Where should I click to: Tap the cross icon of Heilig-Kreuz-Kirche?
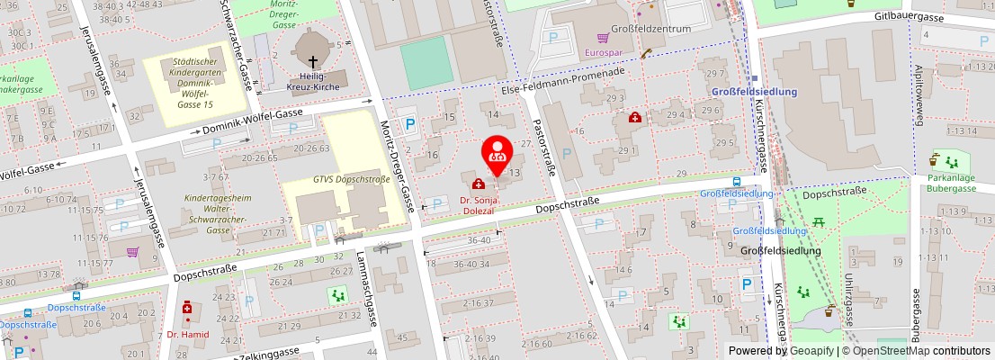tap(313, 62)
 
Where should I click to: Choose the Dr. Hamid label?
tap(188, 334)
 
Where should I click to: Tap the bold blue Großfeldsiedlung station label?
tap(754, 92)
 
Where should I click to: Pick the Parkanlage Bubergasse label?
tap(956, 184)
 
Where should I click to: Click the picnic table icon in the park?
tap(819, 221)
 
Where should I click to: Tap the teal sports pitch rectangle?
tap(426, 61)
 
